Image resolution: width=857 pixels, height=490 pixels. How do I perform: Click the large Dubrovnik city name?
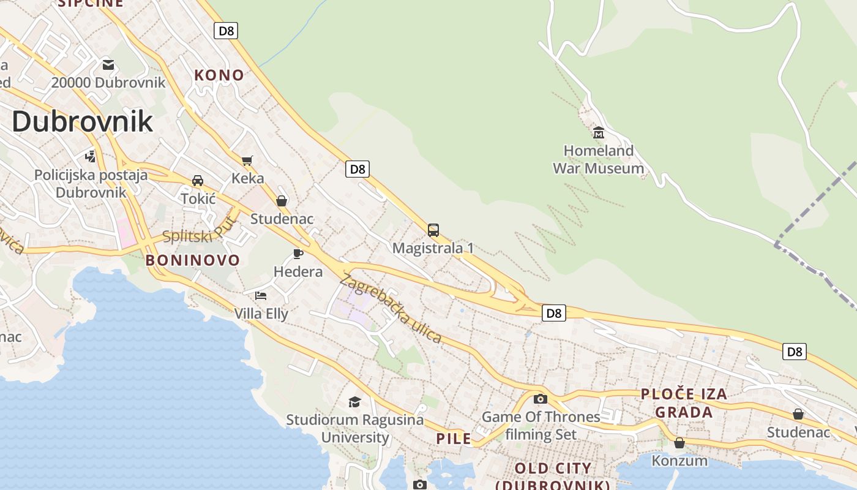(82, 121)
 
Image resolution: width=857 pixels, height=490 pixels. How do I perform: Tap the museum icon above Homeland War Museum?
(599, 132)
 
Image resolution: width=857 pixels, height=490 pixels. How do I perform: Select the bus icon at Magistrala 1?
(433, 230)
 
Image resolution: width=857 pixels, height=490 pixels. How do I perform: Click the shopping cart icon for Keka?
(247, 161)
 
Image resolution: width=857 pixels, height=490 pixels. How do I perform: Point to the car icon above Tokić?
(198, 181)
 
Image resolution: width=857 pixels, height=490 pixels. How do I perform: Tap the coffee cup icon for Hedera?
(298, 254)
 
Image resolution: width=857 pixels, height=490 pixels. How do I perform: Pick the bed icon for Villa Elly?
(261, 296)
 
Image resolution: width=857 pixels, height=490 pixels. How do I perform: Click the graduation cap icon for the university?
(354, 402)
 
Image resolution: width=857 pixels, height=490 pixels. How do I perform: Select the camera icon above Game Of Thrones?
(540, 399)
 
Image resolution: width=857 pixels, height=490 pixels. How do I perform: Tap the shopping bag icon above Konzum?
(679, 442)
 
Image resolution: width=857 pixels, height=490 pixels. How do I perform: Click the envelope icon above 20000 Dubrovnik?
(108, 65)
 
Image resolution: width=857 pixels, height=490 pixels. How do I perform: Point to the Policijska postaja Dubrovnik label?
(91, 184)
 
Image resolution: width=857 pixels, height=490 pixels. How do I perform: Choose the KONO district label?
(219, 75)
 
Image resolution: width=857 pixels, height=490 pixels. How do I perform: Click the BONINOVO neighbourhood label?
(192, 260)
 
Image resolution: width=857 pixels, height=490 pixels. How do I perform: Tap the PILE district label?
(454, 439)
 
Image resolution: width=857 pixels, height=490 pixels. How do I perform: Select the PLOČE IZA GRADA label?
(684, 403)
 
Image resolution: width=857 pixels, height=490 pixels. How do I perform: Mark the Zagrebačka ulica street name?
(390, 308)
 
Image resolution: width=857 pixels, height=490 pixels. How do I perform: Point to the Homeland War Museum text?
(598, 159)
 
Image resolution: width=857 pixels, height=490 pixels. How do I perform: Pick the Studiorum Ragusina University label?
(355, 429)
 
